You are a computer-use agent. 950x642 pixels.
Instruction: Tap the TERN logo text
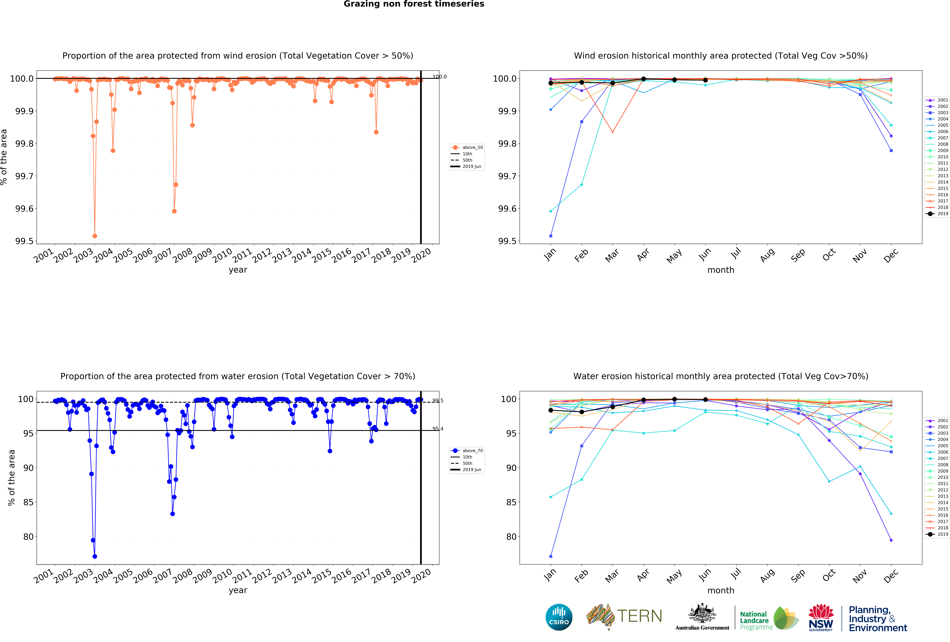tap(639, 616)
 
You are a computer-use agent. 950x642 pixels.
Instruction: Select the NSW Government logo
tap(821, 618)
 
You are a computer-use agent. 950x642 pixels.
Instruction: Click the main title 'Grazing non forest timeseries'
tap(414, 4)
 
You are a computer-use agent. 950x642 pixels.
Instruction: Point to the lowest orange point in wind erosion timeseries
tap(95, 236)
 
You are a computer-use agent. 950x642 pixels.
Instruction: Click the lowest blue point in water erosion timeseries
tap(95, 556)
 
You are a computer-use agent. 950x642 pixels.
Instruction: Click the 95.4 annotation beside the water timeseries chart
tap(438, 429)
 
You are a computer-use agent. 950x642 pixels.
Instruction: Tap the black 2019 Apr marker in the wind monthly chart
tap(643, 79)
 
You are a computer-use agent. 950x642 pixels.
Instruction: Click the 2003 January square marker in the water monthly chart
tap(551, 556)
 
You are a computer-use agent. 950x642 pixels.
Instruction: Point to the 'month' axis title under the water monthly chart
tap(721, 591)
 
